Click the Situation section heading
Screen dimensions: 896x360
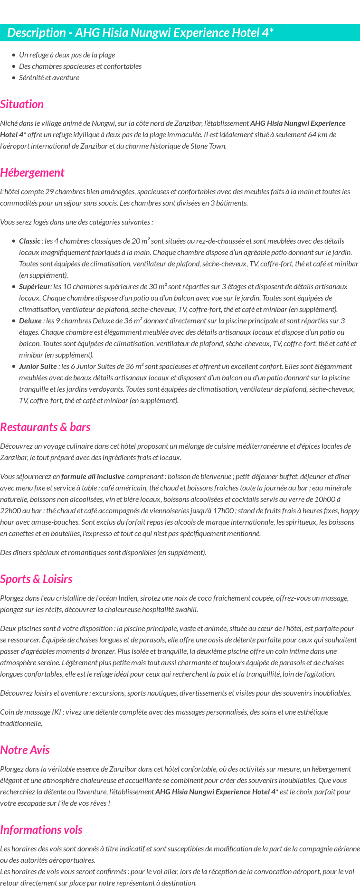pyautogui.click(x=22, y=104)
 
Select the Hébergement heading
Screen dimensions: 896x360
pyautogui.click(x=32, y=173)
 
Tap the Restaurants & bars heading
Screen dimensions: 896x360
pyautogui.click(x=45, y=427)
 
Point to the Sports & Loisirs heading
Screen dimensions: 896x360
pyautogui.click(x=36, y=579)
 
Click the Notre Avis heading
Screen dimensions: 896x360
pyautogui.click(x=25, y=750)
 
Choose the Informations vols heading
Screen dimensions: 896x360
pyautogui.click(x=41, y=830)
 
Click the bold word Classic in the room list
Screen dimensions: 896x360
pyautogui.click(x=29, y=241)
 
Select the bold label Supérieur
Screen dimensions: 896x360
pyautogui.click(x=34, y=287)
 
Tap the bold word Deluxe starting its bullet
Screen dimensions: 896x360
pyautogui.click(x=30, y=321)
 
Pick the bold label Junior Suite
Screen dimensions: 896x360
pyautogui.click(x=38, y=367)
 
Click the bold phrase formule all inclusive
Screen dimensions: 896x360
pyautogui.click(x=93, y=477)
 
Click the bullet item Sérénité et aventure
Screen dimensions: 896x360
pyautogui.click(x=49, y=78)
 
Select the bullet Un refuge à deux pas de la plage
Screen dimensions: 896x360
pyautogui.click(x=67, y=55)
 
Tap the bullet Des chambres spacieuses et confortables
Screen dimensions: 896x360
pyautogui.click(x=80, y=66)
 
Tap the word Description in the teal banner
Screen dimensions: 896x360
pyautogui.click(x=36, y=33)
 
